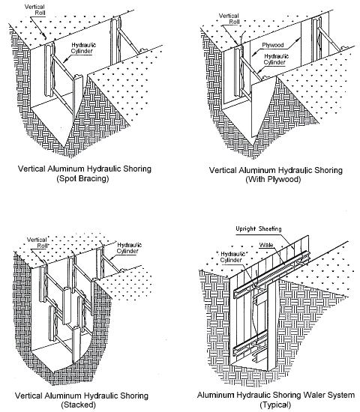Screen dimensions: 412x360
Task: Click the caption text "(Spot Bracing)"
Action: click(x=85, y=180)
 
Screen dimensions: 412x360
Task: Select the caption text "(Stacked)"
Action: click(x=85, y=405)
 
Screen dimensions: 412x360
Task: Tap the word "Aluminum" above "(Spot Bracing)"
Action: click(x=69, y=169)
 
